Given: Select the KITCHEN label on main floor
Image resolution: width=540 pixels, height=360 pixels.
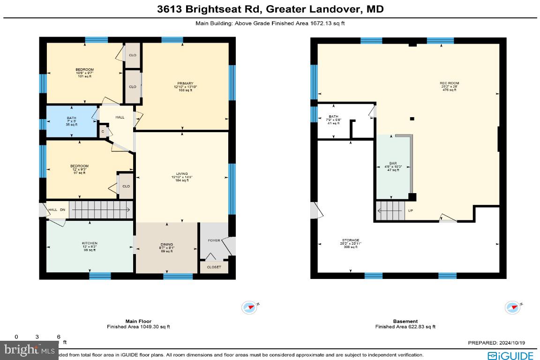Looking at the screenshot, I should tap(89, 243).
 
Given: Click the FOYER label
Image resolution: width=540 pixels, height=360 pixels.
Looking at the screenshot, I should tap(214, 240).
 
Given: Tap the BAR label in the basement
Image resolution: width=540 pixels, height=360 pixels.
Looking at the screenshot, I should tap(393, 164).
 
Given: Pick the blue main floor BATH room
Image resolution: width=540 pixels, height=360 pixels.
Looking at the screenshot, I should tap(71, 121).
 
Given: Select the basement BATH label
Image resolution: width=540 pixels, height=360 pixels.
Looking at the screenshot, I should tap(333, 117).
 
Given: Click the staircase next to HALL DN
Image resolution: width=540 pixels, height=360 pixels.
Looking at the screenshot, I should tap(99, 209).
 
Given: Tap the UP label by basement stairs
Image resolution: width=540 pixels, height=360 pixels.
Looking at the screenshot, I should tap(410, 211).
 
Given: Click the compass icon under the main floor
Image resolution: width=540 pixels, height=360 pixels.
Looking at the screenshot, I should tap(249, 307).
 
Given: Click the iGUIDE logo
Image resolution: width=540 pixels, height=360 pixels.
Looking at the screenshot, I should tap(510, 355).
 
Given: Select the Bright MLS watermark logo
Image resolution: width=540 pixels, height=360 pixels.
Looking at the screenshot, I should tap(28, 349).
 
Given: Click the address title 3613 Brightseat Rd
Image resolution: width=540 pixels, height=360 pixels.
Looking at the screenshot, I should tap(270, 9).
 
